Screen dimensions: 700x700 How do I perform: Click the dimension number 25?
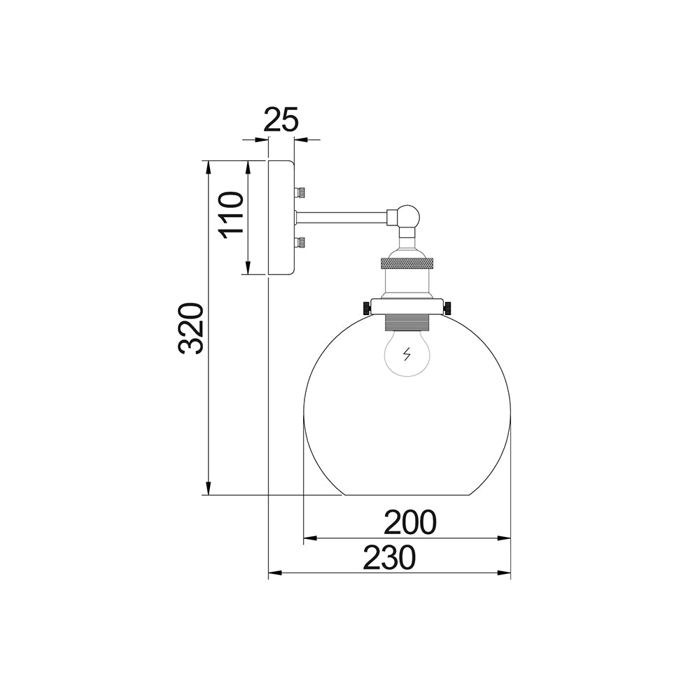pos(281,120)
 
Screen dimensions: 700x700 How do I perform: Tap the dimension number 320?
pos(191,328)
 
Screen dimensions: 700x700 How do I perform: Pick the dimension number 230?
pos(389,558)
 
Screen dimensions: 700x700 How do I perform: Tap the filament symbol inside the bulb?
pos(407,355)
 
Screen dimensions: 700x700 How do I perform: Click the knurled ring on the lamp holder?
pos(407,263)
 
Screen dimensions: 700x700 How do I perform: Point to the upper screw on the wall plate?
pos(300,192)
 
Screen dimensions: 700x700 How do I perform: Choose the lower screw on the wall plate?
pos(300,243)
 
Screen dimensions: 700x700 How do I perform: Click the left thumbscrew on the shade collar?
pos(366,307)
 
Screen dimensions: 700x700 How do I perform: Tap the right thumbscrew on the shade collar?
pos(447,307)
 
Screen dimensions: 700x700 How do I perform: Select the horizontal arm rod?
pos(342,218)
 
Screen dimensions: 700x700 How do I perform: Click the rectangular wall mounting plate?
pos(281,218)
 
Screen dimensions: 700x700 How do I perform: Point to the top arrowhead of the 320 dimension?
pos(209,167)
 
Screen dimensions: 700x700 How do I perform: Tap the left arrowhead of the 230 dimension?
pos(274,573)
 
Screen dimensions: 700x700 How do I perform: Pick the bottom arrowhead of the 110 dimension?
pos(248,268)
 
